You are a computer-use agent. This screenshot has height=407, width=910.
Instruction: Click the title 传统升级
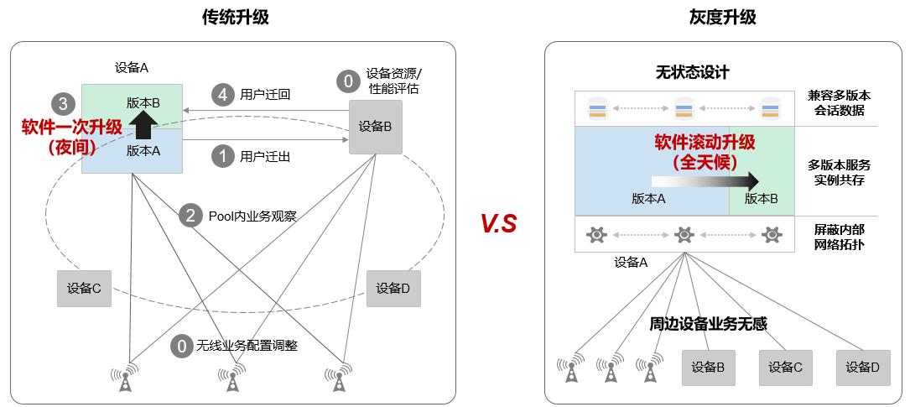point(236,17)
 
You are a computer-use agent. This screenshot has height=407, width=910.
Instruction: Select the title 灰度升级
point(722,17)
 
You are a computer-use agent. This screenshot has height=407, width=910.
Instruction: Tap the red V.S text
point(499,223)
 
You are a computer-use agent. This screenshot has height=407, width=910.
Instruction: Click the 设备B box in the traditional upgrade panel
point(375,127)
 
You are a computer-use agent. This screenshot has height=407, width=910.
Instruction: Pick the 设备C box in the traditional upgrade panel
point(84,289)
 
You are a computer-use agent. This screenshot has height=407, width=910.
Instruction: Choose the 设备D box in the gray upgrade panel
point(862,367)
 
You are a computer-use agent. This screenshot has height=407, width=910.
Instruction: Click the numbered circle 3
point(60,104)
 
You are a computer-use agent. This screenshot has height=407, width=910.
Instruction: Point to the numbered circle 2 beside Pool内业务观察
point(191,216)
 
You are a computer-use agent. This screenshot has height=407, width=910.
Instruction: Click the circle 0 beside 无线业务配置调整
point(180,346)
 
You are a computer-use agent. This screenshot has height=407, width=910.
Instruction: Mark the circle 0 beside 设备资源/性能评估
point(346,81)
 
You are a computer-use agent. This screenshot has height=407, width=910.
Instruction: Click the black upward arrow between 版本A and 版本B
point(144,126)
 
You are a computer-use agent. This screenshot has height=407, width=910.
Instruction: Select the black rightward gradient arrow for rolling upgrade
point(705,180)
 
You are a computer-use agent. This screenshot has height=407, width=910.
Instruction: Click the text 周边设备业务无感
point(709,323)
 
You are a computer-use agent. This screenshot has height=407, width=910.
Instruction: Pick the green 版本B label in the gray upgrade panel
point(762,199)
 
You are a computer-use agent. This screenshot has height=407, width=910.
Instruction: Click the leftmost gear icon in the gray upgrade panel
point(597,234)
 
